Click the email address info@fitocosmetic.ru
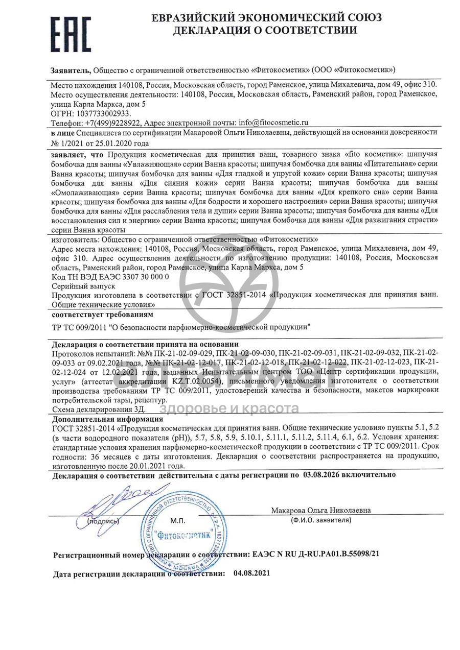tap(270, 123)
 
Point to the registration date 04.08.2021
tap(251, 573)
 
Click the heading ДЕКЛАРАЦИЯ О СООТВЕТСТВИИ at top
tap(265, 30)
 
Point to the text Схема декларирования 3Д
tap(99, 409)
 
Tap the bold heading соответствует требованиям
tap(102, 314)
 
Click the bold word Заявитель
tap(71, 70)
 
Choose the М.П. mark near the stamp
tap(178, 521)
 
